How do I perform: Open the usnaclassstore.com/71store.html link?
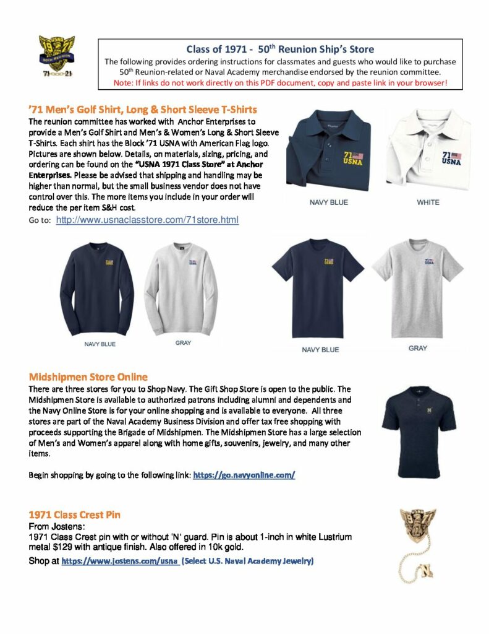point(147,220)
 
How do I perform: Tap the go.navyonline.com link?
point(244,475)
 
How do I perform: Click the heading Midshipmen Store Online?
point(88,376)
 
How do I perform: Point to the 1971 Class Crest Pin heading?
point(75,515)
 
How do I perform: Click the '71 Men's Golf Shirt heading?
point(143,110)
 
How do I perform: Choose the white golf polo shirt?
point(429,149)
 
